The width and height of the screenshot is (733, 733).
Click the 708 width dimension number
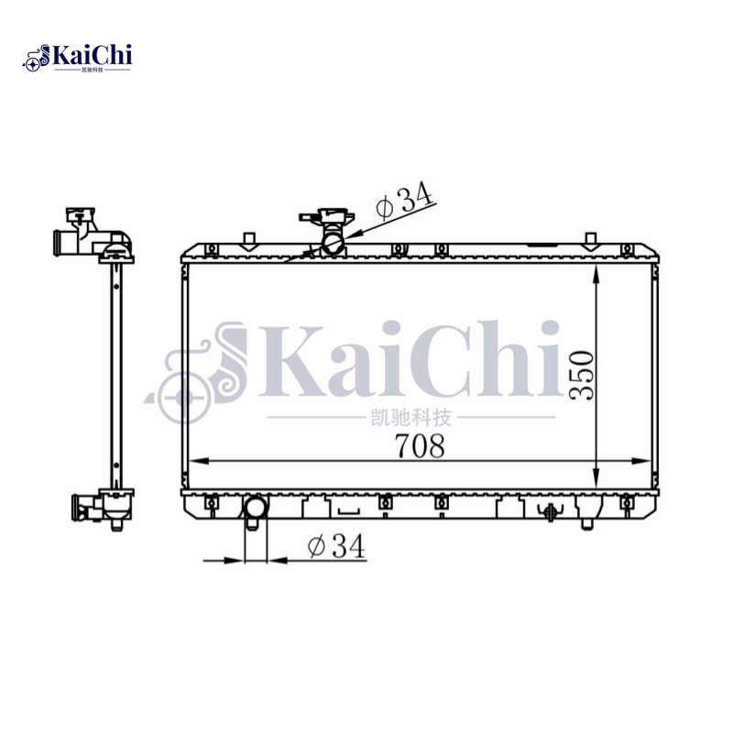[x=420, y=445]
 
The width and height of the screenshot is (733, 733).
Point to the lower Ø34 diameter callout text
[x=336, y=546]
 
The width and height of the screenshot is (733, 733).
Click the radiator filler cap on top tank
[x=327, y=220]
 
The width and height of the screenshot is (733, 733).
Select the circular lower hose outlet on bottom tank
[x=255, y=509]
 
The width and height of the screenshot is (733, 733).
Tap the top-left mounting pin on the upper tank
[x=246, y=240]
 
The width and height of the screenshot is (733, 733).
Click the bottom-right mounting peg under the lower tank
[x=586, y=524]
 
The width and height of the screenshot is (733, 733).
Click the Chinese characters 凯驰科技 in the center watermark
[x=410, y=418]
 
